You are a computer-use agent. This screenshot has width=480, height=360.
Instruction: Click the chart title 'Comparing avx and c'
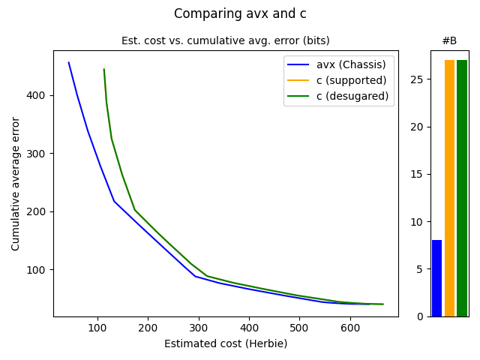pyautogui.click(x=240, y=13)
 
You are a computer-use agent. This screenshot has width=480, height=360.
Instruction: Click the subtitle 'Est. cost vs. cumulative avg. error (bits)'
pyautogui.click(x=226, y=40)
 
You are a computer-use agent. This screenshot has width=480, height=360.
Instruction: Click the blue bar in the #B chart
pyautogui.click(x=436, y=278)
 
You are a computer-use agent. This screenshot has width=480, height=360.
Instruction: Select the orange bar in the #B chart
pyautogui.click(x=449, y=188)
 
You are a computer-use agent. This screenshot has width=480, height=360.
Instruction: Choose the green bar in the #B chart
pyautogui.click(x=462, y=188)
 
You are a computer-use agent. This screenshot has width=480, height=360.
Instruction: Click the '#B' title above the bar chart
pyautogui.click(x=449, y=40)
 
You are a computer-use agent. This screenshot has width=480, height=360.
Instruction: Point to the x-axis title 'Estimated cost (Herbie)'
pyautogui.click(x=226, y=343)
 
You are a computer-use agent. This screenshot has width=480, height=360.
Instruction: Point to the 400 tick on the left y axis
pyautogui.click(x=39, y=95)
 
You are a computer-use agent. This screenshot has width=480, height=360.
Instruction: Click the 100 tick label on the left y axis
pyautogui.click(x=39, y=269)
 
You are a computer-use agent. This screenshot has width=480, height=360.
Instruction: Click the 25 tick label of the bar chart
pyautogui.click(x=419, y=79)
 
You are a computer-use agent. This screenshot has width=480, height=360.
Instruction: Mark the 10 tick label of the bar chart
pyautogui.click(x=419, y=222)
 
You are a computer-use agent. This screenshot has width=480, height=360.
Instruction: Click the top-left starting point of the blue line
pyautogui.click(x=68, y=62)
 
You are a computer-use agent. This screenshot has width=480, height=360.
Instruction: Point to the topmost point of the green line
pyautogui.click(x=103, y=69)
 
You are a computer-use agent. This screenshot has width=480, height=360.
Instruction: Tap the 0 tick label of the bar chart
pyautogui.click(x=421, y=316)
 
